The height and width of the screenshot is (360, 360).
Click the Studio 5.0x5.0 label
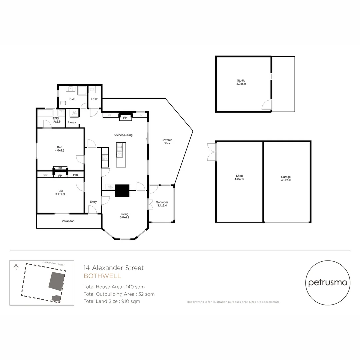[241, 82]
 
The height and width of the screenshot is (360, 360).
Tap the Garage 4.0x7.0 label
[286, 178]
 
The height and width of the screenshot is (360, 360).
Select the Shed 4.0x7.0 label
[239, 177]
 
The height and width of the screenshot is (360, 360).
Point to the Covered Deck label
[167, 142]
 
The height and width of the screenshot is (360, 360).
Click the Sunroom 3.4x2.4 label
[162, 204]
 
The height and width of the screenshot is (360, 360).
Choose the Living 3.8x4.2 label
[125, 216]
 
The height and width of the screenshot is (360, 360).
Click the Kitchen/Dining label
[123, 134]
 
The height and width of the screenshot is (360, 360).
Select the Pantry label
[72, 122]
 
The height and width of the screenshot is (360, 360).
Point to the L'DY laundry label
[94, 99]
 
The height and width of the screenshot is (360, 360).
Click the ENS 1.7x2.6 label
[56, 120]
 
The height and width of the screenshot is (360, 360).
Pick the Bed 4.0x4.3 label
[59, 149]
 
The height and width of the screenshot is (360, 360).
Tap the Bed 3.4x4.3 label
[59, 192]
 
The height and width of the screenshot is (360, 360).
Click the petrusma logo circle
[328, 283]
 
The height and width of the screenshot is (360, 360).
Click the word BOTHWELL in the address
[102, 276]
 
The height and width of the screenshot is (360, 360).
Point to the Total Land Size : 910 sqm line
[112, 301]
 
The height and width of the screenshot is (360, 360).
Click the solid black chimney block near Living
[122, 191]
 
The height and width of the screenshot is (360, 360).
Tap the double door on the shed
[211, 152]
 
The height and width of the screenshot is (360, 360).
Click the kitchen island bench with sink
[121, 155]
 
